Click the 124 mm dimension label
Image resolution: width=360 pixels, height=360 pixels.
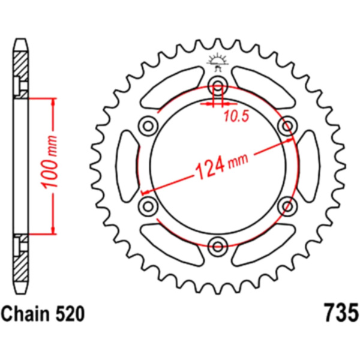pyautogui.click(x=221, y=164)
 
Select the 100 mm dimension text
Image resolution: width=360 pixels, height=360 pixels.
pyautogui.click(x=50, y=163)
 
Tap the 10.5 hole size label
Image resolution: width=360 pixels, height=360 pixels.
pyautogui.click(x=236, y=116)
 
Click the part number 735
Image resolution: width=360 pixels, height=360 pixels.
pyautogui.click(x=341, y=313)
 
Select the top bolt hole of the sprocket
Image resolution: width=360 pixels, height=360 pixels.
pyautogui.click(x=218, y=86)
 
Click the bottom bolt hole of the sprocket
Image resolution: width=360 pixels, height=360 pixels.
pyautogui.click(x=218, y=247)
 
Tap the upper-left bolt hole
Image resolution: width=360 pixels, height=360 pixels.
pyautogui.click(x=148, y=126)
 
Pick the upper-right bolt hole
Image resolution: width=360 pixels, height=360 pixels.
pyautogui.click(x=287, y=126)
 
